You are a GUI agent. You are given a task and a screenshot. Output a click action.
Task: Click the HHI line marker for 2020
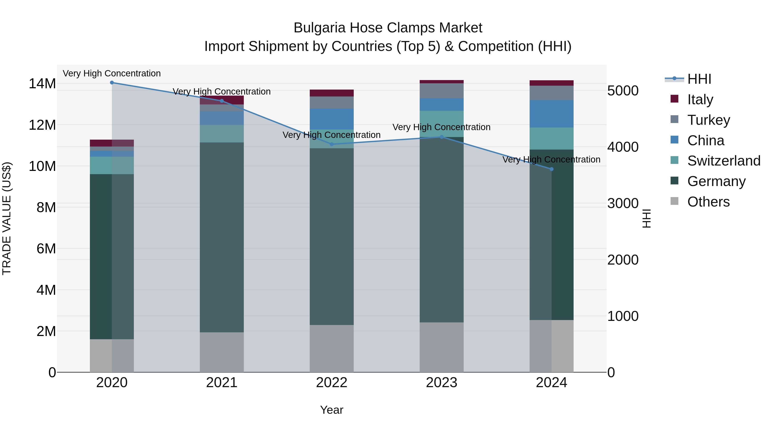(x=112, y=83)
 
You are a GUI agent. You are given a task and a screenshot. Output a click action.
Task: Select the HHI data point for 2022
(x=332, y=144)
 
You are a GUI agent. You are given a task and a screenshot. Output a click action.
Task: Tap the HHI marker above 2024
(x=552, y=169)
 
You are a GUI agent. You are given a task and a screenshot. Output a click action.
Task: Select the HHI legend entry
(x=699, y=79)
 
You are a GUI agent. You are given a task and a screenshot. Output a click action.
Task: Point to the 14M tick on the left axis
(x=42, y=84)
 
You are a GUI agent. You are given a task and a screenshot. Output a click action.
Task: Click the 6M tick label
(x=46, y=249)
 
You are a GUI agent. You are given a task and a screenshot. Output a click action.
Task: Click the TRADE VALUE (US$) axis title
(x=7, y=218)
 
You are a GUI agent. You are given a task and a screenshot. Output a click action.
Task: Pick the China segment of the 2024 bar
(x=552, y=114)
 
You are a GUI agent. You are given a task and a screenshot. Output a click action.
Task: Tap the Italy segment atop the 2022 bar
(x=332, y=93)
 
